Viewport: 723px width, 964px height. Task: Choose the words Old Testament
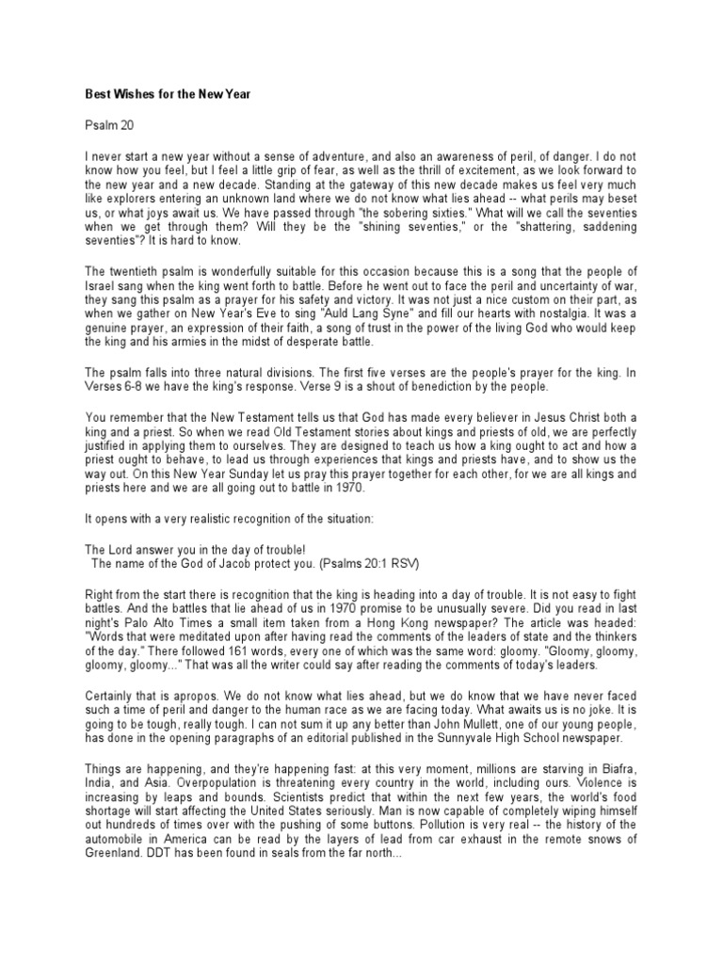[x=282, y=431]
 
